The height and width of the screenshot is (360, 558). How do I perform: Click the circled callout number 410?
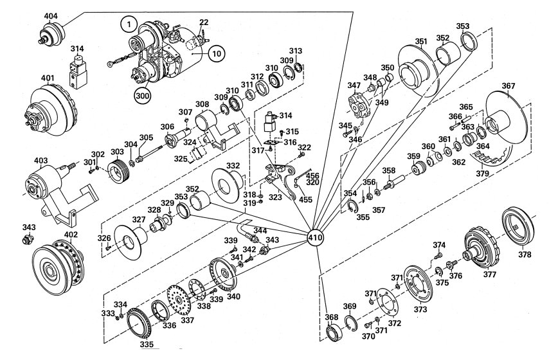[x=316, y=237]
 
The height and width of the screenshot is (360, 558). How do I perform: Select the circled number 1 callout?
[x=129, y=24]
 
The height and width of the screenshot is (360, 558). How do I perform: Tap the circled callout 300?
[x=142, y=95]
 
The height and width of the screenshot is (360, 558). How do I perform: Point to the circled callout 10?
[x=217, y=54]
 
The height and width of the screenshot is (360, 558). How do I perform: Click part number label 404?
[x=51, y=16]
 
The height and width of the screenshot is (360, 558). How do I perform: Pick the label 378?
[x=525, y=255]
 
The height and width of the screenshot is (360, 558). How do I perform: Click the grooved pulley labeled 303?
[x=118, y=171]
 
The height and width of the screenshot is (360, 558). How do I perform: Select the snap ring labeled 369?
[x=350, y=322]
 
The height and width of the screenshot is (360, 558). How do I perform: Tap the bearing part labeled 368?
[x=334, y=332]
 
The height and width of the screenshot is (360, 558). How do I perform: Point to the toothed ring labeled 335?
[x=139, y=324]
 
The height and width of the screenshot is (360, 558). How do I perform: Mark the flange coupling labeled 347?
[x=359, y=104]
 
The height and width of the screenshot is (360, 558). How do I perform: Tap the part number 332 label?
[x=233, y=166]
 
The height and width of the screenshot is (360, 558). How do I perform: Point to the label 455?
[x=306, y=199]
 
